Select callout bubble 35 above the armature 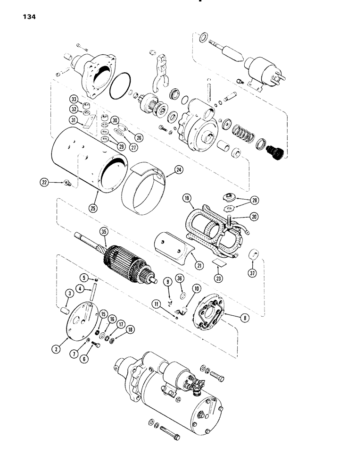point(103,232)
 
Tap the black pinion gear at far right point(273,152)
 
